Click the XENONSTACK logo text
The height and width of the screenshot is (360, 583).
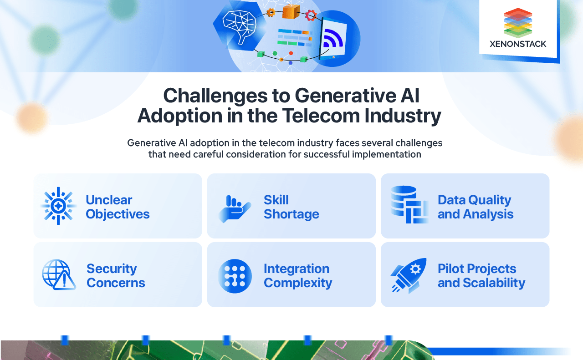click(518, 44)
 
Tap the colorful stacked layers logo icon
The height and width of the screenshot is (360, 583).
click(518, 23)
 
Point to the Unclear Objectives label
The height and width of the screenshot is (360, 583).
click(118, 207)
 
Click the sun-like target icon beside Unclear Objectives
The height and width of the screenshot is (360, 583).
click(58, 206)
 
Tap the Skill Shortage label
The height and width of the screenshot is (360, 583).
click(291, 207)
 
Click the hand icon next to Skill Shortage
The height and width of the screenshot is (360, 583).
click(234, 208)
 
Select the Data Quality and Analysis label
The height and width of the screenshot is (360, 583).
click(475, 207)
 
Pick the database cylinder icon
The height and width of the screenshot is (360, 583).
click(409, 204)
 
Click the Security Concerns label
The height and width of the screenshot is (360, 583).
click(116, 275)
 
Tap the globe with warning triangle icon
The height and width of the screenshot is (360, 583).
click(59, 274)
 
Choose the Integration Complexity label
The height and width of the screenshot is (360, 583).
click(297, 275)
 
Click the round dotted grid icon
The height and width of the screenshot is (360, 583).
click(235, 276)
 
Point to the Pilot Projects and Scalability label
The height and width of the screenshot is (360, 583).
click(481, 275)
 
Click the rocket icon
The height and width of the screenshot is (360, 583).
click(409, 275)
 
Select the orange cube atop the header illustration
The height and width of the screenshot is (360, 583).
click(291, 10)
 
